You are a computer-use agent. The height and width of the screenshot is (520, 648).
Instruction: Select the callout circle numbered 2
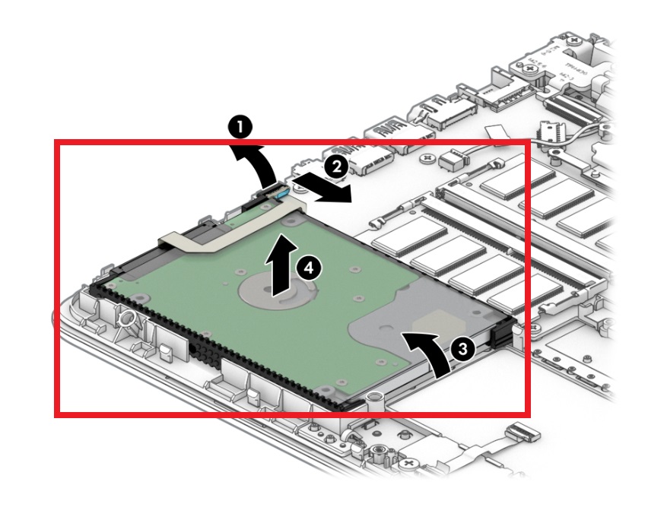(333, 163)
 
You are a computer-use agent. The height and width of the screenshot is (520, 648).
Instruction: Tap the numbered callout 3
(462, 348)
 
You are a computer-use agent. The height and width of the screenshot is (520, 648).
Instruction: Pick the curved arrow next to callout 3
(430, 350)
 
